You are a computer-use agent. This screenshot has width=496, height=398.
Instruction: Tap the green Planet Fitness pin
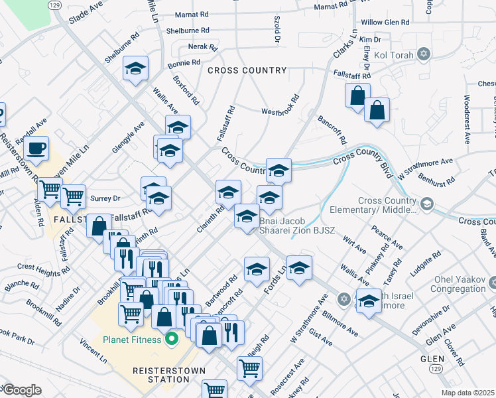(x=172, y=340)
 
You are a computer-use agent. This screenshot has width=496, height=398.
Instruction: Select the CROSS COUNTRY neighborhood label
(x=247, y=70)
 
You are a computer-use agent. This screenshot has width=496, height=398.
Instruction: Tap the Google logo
(x=21, y=390)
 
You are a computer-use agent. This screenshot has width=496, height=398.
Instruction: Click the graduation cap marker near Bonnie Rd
(x=135, y=69)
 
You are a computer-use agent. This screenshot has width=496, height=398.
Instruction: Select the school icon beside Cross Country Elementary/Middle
(x=426, y=203)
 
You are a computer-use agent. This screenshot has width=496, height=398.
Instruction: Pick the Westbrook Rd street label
(x=280, y=111)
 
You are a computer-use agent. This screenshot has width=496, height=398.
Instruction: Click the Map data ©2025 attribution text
(x=467, y=393)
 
